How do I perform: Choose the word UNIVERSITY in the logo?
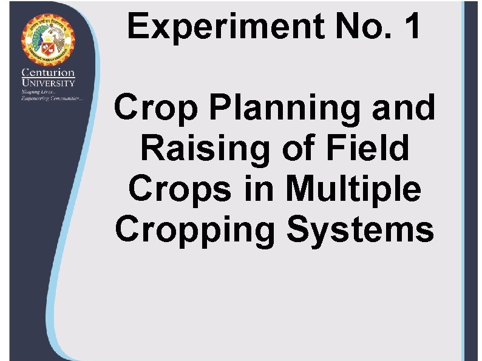tap(49, 83)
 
